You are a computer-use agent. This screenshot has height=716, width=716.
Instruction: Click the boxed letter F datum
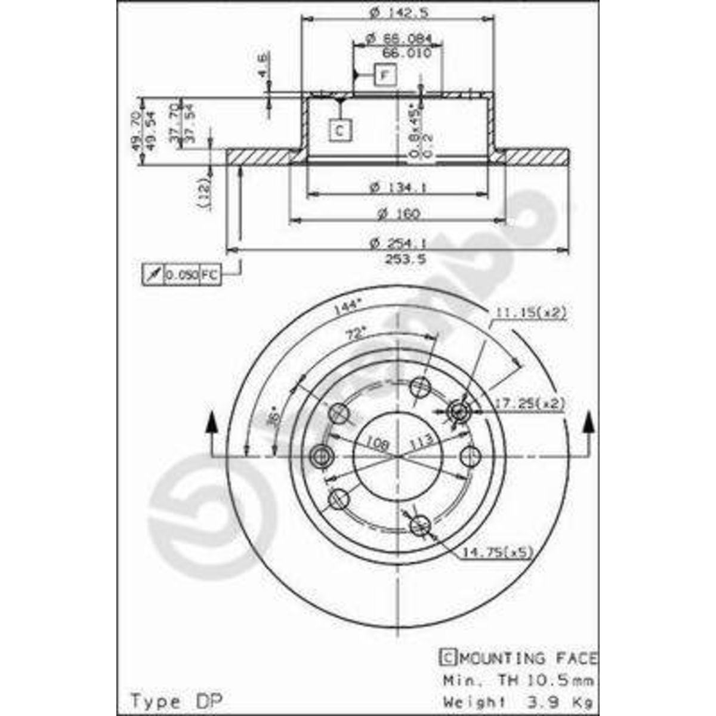pyautogui.click(x=385, y=75)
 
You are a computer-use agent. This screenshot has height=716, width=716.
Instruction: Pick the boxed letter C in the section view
pyautogui.click(x=340, y=130)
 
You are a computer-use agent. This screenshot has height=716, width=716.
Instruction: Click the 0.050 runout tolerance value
pyautogui.click(x=181, y=274)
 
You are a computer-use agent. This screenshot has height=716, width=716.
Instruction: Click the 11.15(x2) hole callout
pyautogui.click(x=529, y=312)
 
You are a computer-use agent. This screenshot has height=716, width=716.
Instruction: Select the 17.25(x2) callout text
pyautogui.click(x=530, y=404)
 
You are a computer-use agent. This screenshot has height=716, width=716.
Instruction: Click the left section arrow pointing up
pyautogui.click(x=211, y=424)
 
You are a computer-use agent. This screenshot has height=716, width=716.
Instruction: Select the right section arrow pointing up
pyautogui.click(x=589, y=424)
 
